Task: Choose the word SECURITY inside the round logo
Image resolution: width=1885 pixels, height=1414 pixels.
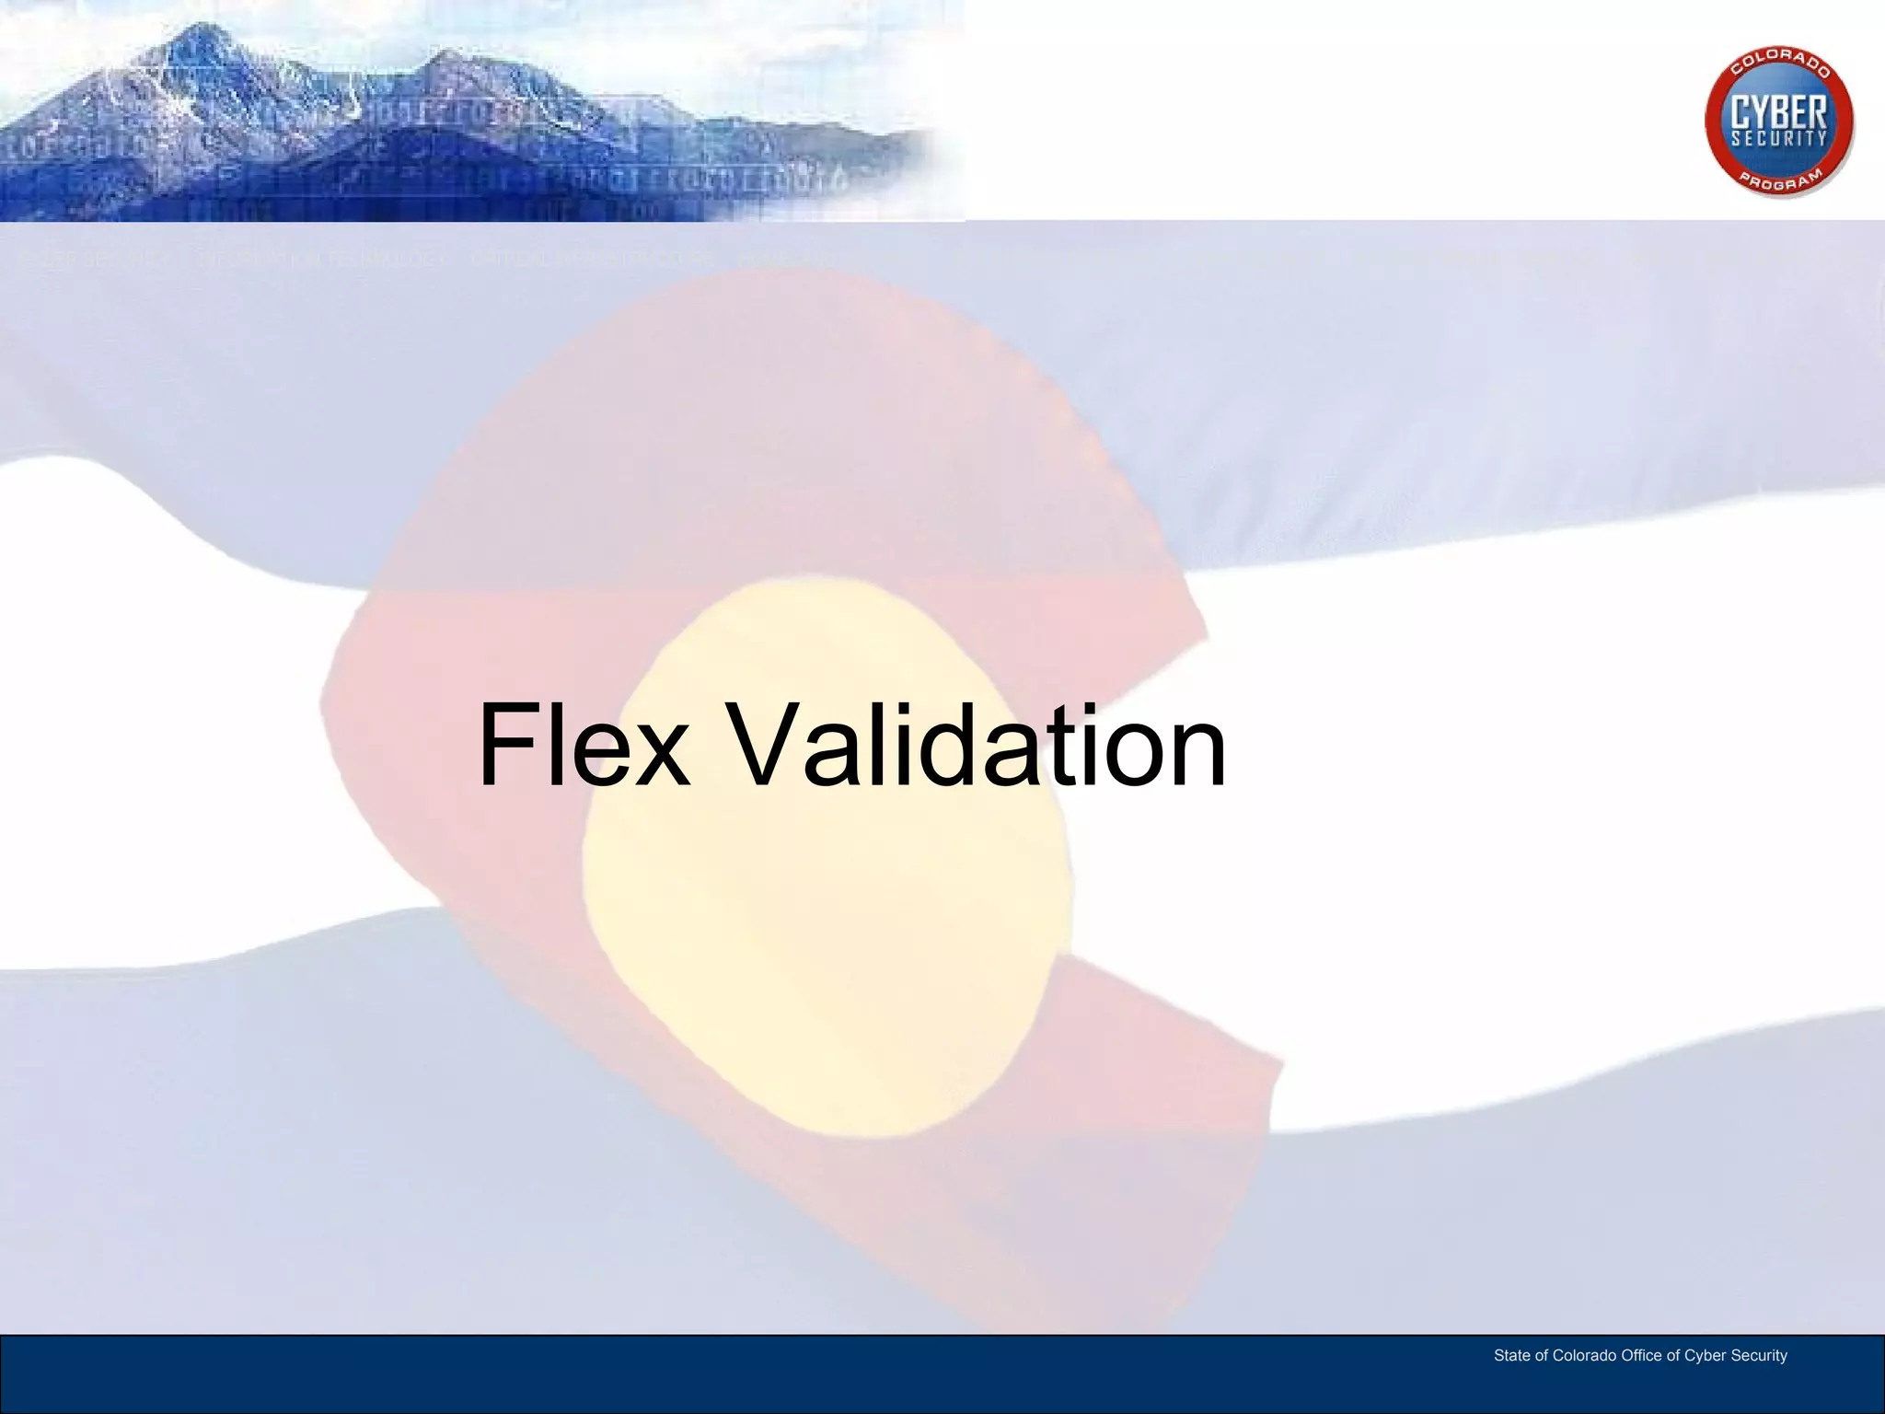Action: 1779,139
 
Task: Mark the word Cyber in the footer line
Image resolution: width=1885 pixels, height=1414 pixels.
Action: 1705,1356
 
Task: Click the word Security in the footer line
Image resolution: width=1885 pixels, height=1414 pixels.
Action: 1759,1356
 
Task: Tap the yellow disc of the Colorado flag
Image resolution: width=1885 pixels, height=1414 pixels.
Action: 828,856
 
